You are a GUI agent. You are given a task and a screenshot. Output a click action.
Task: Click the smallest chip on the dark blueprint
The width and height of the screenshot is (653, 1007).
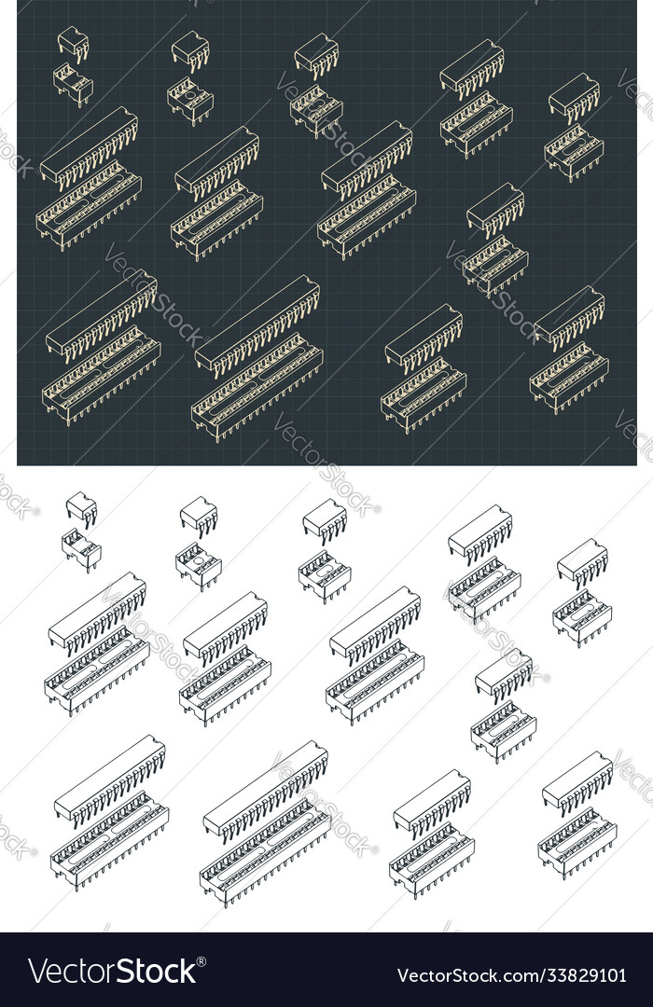(72, 42)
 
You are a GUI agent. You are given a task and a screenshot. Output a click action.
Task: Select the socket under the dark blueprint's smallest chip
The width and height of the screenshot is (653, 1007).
(73, 85)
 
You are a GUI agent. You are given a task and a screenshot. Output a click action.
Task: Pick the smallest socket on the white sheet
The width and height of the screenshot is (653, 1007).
(81, 549)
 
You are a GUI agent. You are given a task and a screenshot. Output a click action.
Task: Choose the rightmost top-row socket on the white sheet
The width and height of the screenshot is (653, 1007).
(581, 618)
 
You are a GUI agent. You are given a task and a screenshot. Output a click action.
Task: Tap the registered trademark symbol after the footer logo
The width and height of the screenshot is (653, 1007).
(202, 959)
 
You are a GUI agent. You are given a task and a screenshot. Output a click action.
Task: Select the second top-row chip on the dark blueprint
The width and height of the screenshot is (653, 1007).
(190, 50)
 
